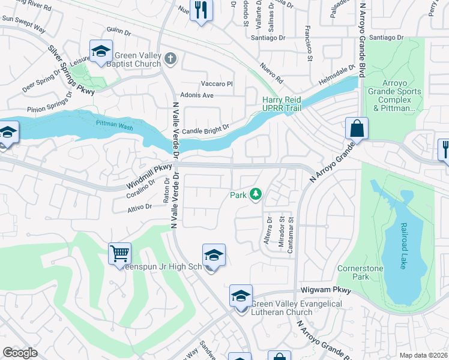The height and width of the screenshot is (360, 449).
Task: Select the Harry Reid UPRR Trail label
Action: (x=282, y=103)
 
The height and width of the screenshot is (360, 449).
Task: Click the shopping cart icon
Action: (x=120, y=253)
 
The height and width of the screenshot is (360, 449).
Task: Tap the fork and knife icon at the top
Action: (x=201, y=9)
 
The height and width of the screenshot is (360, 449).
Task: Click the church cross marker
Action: (x=170, y=59)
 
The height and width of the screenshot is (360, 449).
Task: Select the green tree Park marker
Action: (x=256, y=194)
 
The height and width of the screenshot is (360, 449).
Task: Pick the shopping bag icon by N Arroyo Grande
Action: (x=357, y=128)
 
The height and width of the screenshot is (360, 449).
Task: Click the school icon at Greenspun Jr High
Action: (x=214, y=255)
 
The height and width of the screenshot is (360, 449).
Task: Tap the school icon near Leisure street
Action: (x=101, y=51)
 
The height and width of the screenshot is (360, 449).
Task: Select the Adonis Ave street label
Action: (x=197, y=95)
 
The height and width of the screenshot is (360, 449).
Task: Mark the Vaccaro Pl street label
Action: (x=216, y=83)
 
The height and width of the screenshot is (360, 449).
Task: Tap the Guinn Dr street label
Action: (x=118, y=31)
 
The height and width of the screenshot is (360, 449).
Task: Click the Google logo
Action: (x=20, y=353)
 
